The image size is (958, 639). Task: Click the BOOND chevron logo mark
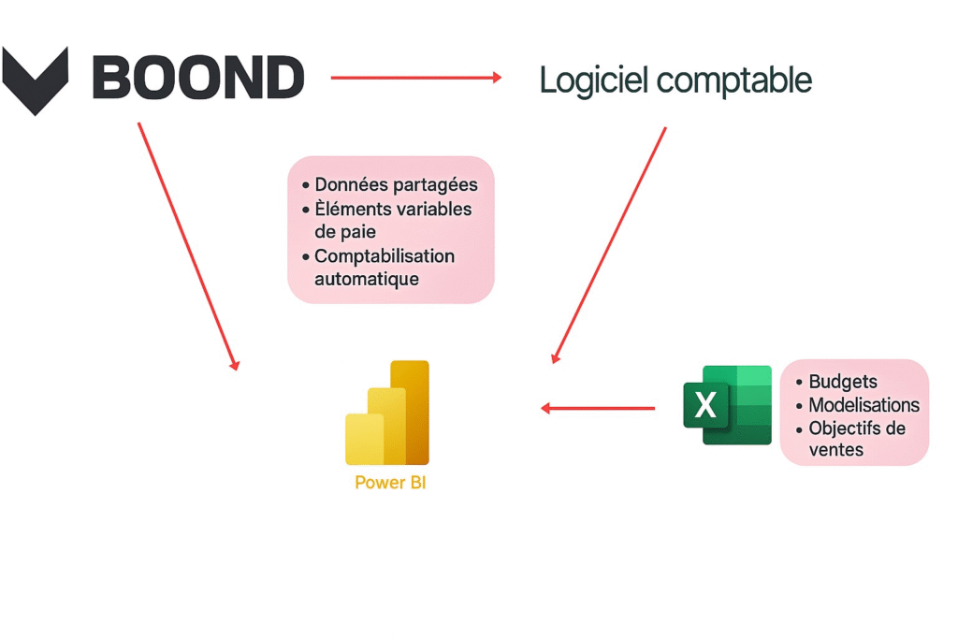(36, 80)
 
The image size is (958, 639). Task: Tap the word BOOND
(198, 78)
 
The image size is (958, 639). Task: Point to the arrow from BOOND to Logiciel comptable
(416, 78)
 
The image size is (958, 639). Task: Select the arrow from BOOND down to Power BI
(188, 245)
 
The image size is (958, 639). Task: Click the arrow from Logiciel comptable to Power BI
(609, 245)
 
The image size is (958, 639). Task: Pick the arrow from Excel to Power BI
(598, 408)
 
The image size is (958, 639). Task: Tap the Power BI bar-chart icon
(387, 413)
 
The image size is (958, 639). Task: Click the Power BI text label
(390, 483)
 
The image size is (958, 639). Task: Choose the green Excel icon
(727, 404)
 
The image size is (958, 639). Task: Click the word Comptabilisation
(384, 255)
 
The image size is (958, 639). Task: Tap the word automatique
(366, 279)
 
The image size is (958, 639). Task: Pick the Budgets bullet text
(843, 382)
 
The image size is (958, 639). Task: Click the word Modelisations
(864, 405)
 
